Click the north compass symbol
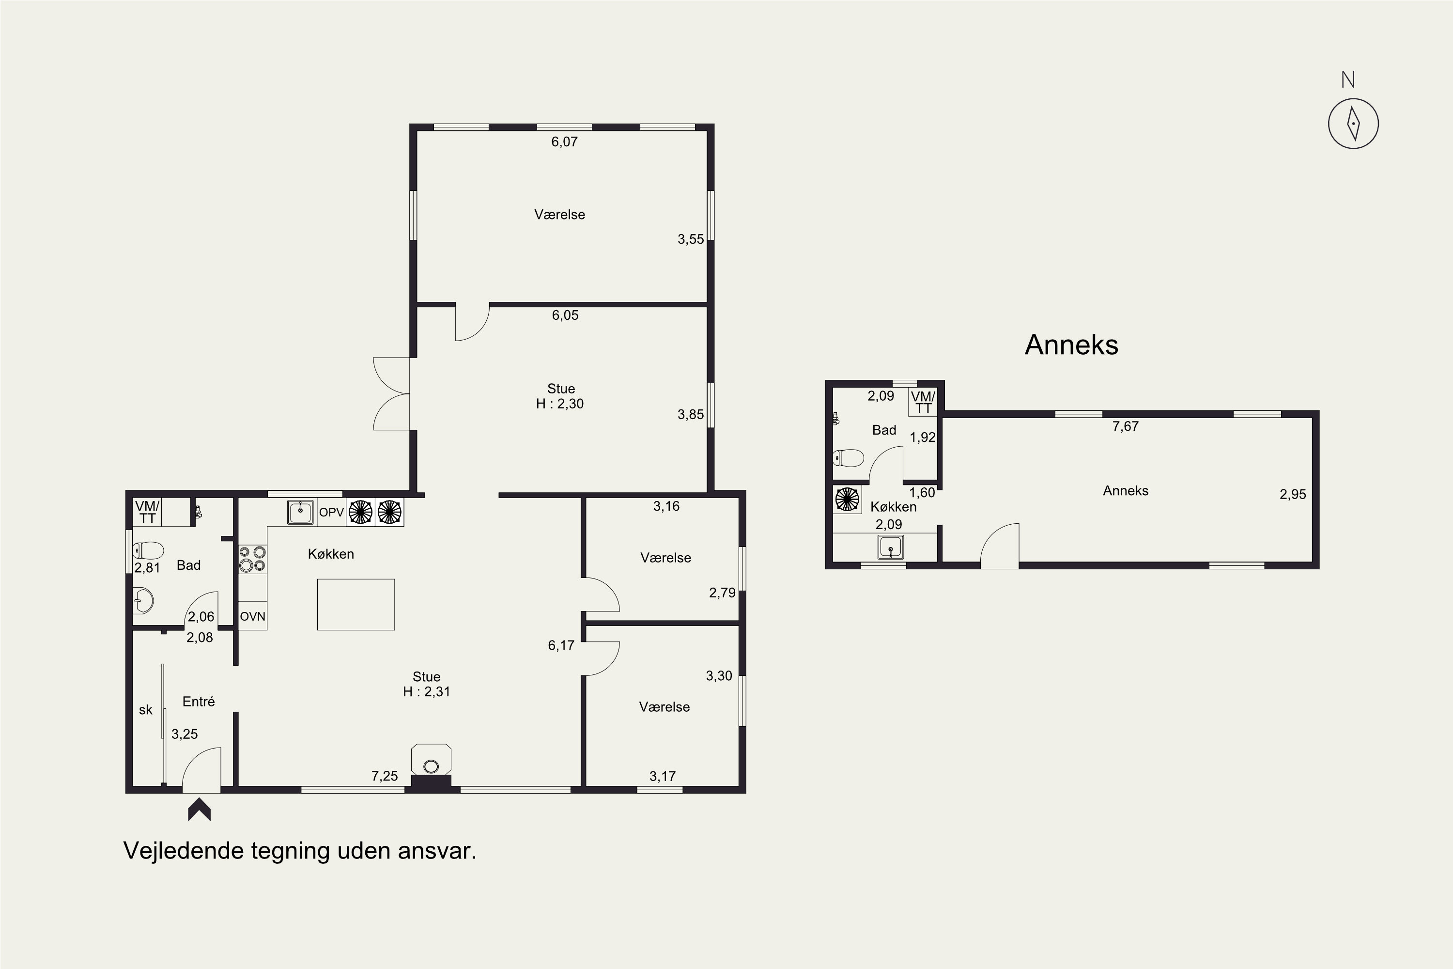pos(1353,123)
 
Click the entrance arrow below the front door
pos(199,810)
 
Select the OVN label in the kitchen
pos(253,616)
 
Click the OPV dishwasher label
pos(331,512)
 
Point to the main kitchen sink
pos(301,512)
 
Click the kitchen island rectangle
pos(356,604)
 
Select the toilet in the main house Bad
pos(148,550)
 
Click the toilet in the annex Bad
pos(848,458)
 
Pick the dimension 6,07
pos(565,141)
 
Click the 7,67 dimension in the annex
pos(1125,426)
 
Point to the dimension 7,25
pos(384,776)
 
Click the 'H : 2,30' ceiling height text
pos(560,404)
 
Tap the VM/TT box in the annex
pos(923,402)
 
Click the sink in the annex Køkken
pos(890,547)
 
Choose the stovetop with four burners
pos(253,559)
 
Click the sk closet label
pos(146,710)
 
